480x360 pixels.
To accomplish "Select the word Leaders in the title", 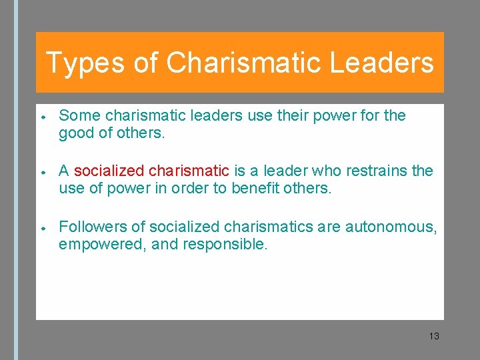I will [381, 63].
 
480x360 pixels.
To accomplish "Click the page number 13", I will [434, 336].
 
